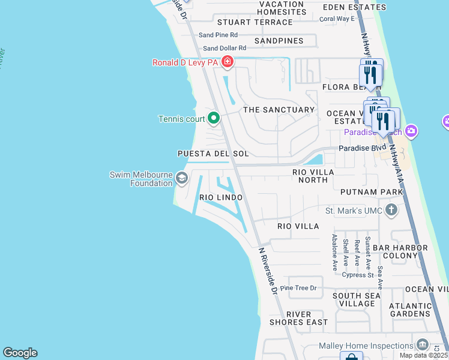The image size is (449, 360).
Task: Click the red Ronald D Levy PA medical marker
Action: (x=227, y=61)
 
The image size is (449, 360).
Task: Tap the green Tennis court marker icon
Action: (x=213, y=118)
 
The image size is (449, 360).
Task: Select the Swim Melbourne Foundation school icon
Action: (x=181, y=178)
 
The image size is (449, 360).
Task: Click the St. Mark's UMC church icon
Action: (x=391, y=210)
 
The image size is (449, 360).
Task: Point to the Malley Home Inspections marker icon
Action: (x=423, y=345)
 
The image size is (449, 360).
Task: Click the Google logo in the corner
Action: (x=20, y=353)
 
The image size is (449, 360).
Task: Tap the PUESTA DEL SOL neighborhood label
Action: (x=213, y=154)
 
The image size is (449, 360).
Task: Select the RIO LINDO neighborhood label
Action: (x=221, y=197)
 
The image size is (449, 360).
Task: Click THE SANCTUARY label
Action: (x=279, y=110)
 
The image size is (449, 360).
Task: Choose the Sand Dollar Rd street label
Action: (x=224, y=48)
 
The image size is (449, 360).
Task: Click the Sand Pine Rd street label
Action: (x=218, y=35)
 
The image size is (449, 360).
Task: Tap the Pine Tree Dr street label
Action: (x=303, y=288)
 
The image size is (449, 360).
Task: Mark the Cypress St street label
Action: (x=358, y=275)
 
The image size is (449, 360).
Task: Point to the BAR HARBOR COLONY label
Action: (x=400, y=251)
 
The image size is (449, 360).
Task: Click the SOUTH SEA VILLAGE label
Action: (x=357, y=299)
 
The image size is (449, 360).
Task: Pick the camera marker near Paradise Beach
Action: (x=411, y=130)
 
